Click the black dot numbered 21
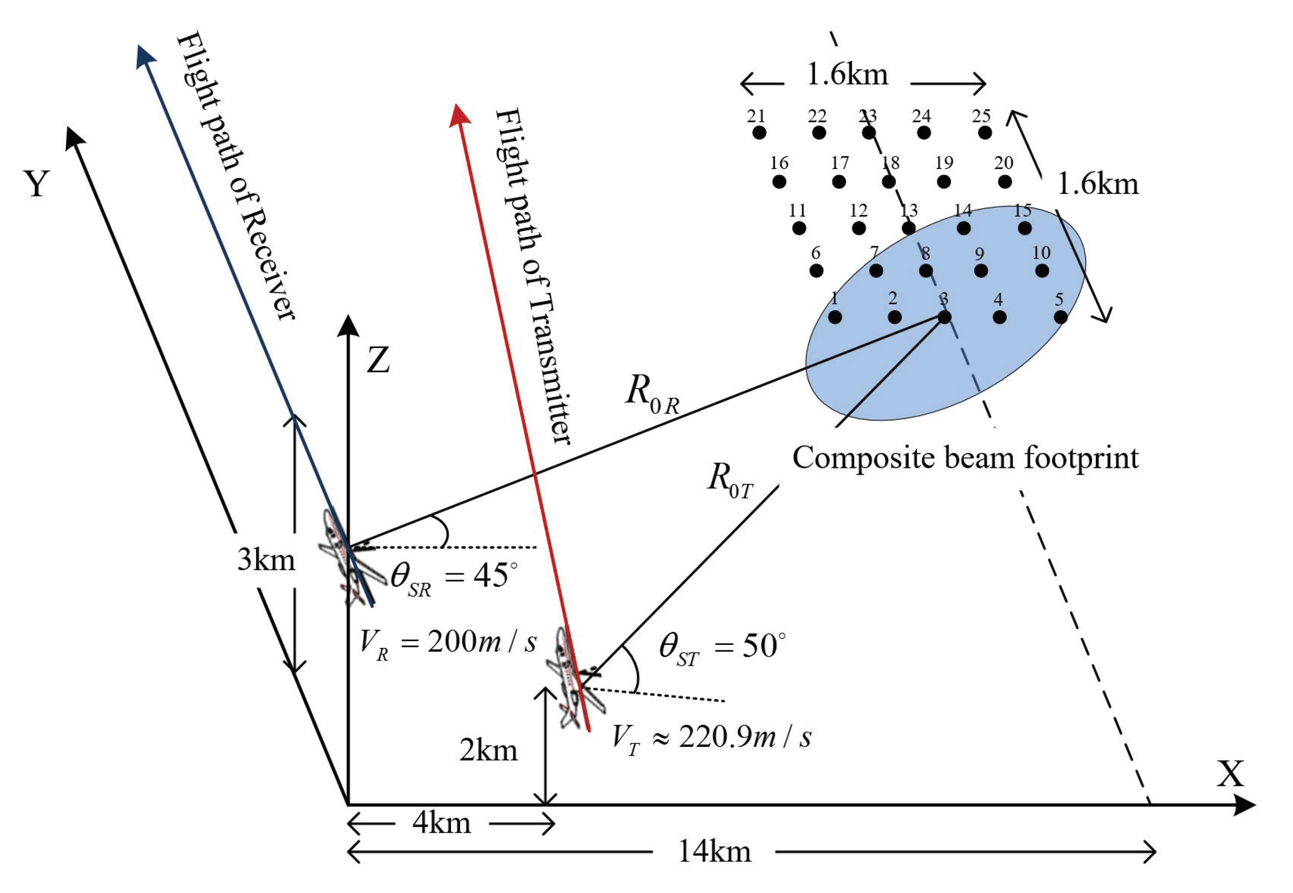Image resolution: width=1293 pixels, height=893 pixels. pos(759,133)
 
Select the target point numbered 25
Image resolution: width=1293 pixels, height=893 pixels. pos(985,133)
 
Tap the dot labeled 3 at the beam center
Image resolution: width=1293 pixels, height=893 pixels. pos(944,317)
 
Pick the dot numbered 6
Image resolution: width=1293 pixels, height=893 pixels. pos(816,271)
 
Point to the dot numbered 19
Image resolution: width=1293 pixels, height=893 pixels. pos(944,181)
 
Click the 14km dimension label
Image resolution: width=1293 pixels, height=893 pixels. pos(714,852)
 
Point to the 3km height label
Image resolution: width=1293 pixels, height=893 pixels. pos(266,560)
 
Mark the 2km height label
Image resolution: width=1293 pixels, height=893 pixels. pos(489,750)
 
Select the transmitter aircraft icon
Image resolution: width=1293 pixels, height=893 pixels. pos(571,680)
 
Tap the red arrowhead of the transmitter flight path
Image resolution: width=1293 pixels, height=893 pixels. pos(459,115)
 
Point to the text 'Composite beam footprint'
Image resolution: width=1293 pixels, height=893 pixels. pos(965,458)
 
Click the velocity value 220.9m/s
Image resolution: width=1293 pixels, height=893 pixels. pos(744,738)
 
